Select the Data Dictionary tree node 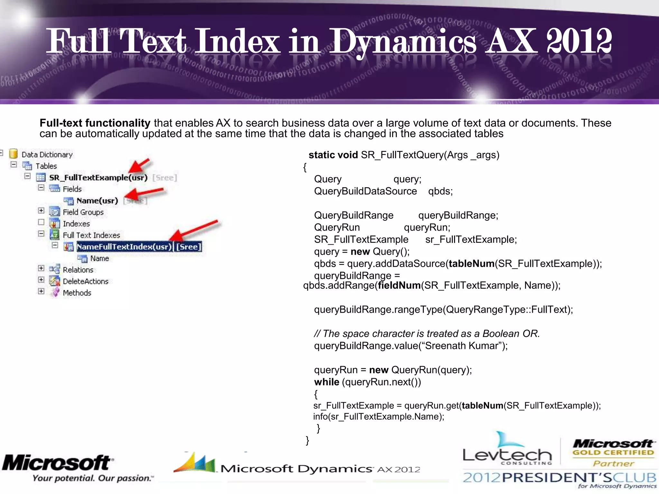pyautogui.click(x=47, y=155)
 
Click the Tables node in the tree pyautogui.click(x=46, y=166)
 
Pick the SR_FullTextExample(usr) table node pyautogui.click(x=98, y=178)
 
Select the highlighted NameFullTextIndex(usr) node pyautogui.click(x=124, y=247)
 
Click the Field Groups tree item pyautogui.click(x=83, y=212)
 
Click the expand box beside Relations pyautogui.click(x=41, y=268)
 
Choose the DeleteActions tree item pyautogui.click(x=86, y=281)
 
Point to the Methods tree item pyautogui.click(x=77, y=293)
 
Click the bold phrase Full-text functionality pyautogui.click(x=95, y=123)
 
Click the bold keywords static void pyautogui.click(x=333, y=155)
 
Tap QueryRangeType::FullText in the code pyautogui.click(x=506, y=310)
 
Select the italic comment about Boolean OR pyautogui.click(x=427, y=334)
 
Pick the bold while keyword pyautogui.click(x=327, y=382)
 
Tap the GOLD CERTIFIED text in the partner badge pyautogui.click(x=613, y=453)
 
